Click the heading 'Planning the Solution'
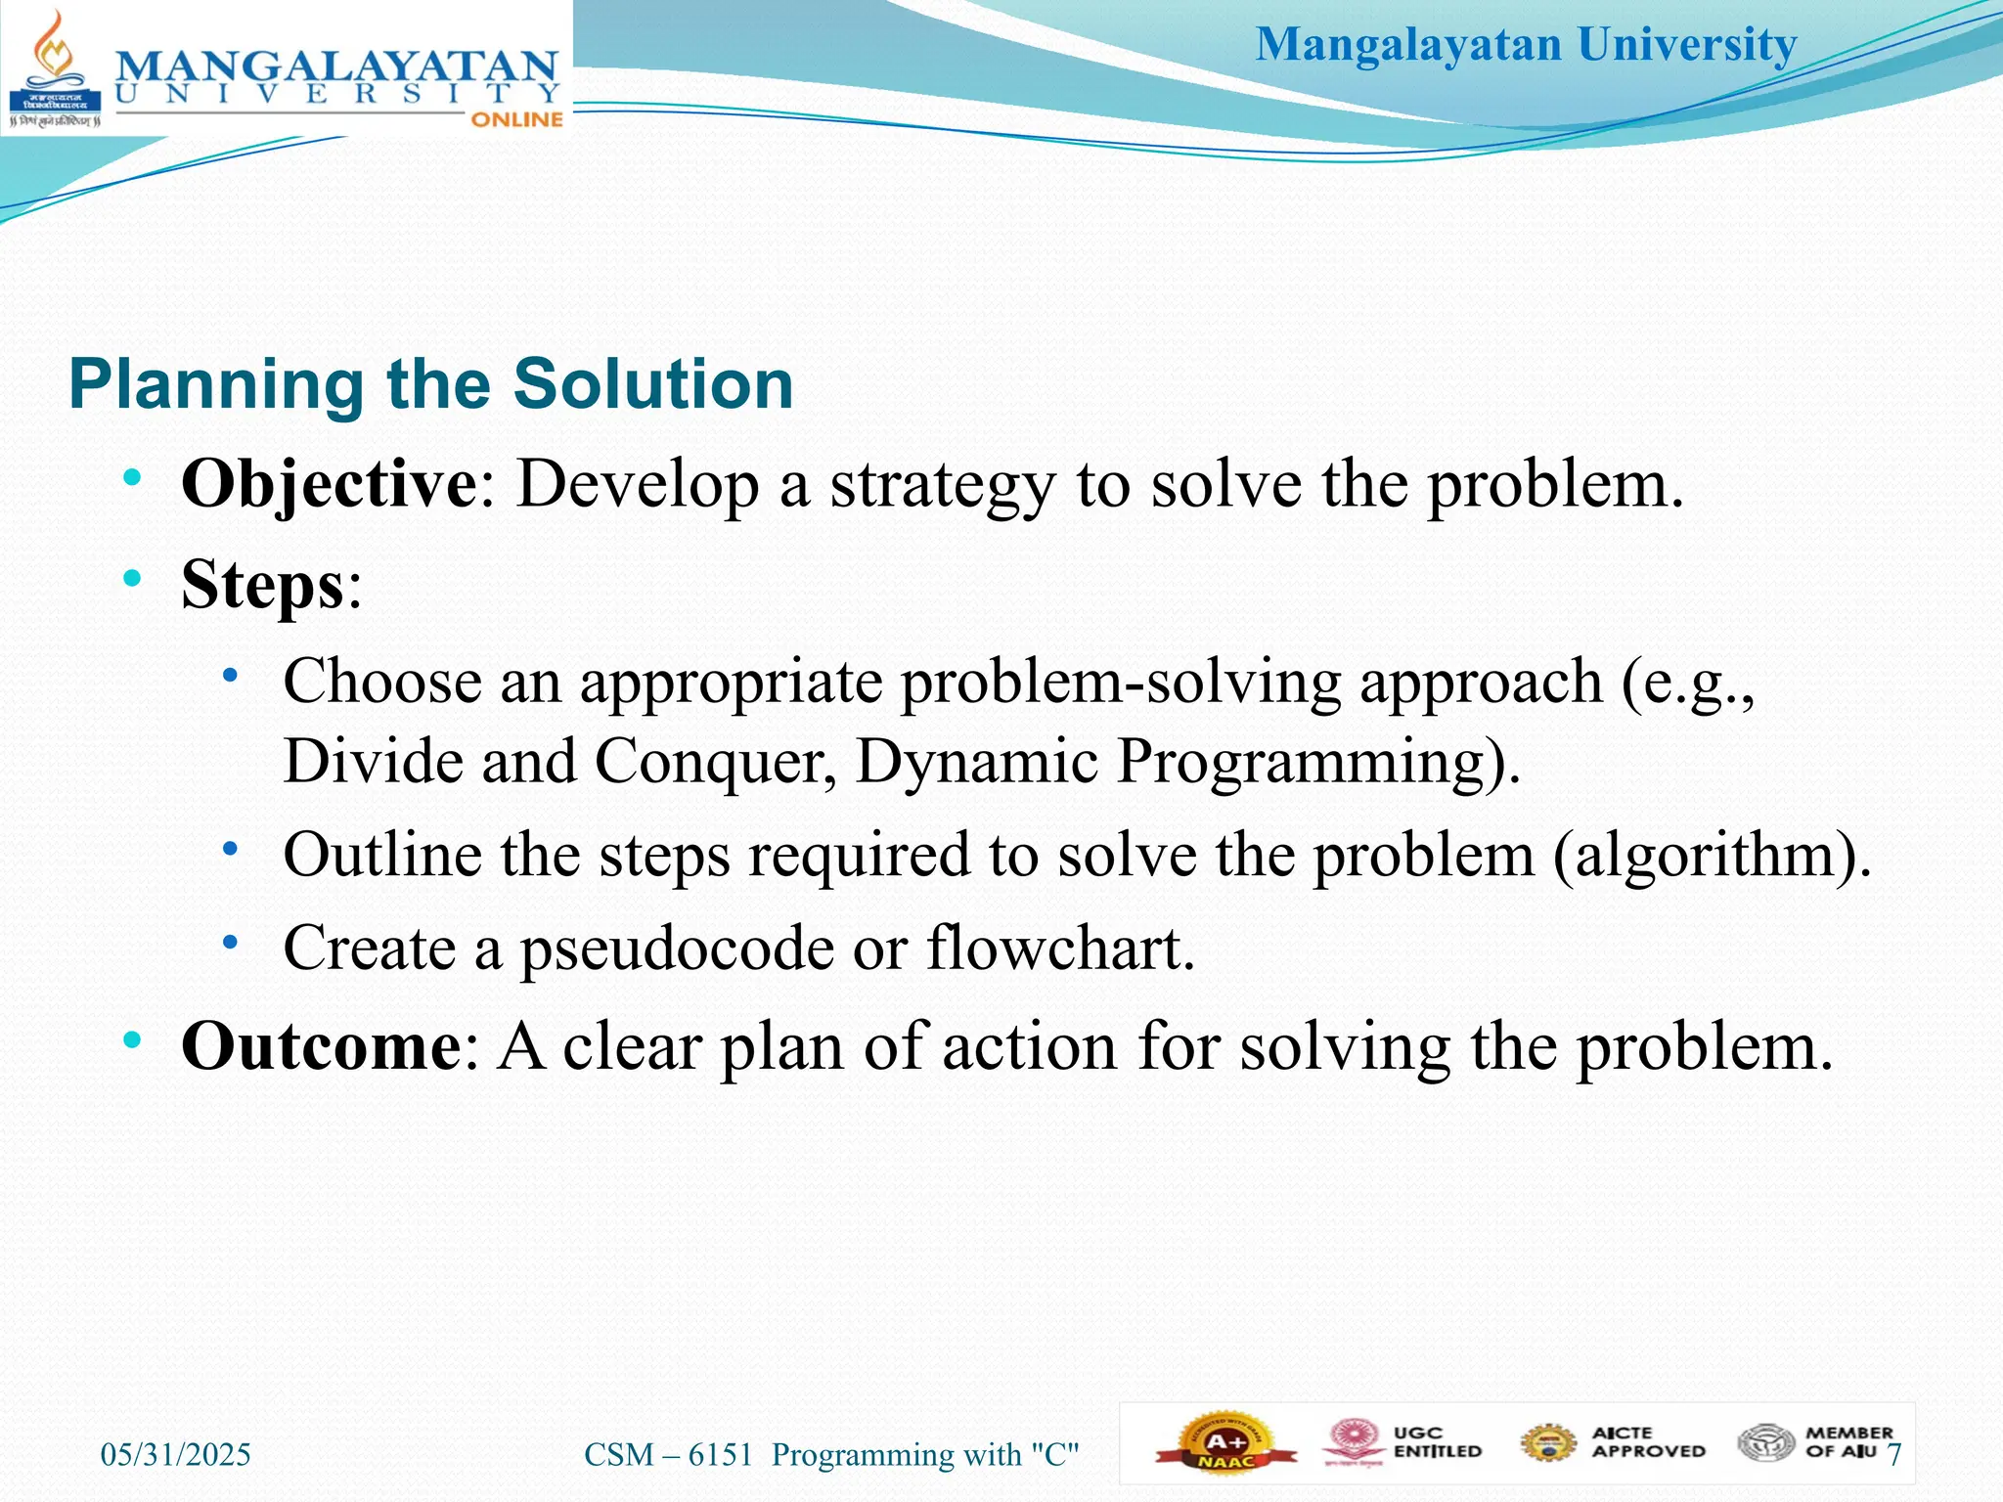pyautogui.click(x=430, y=384)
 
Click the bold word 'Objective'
pyautogui.click(x=329, y=484)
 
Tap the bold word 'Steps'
pyautogui.click(x=263, y=585)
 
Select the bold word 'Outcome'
pyautogui.click(x=322, y=1047)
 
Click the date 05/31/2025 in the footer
pyautogui.click(x=176, y=1455)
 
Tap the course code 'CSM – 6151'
pyautogui.click(x=669, y=1455)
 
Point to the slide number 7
pyautogui.click(x=1893, y=1455)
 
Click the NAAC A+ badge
pyautogui.click(x=1225, y=1443)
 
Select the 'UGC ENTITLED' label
pyautogui.click(x=1436, y=1442)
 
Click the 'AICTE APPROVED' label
pyautogui.click(x=1647, y=1442)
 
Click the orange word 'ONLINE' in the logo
pyautogui.click(x=516, y=119)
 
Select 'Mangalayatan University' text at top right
pyautogui.click(x=1526, y=45)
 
